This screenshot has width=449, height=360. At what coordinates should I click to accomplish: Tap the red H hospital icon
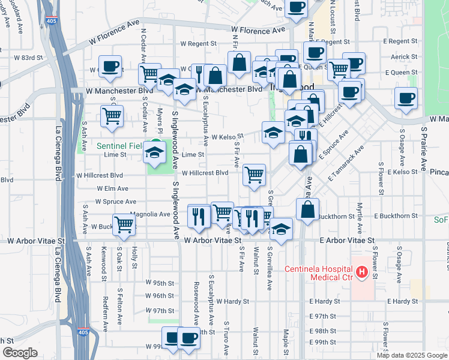[361, 272]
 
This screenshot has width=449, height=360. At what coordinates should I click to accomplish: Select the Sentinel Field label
[121, 146]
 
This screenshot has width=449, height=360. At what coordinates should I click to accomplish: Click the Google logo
[20, 353]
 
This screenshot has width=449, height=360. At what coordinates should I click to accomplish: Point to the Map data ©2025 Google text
[411, 355]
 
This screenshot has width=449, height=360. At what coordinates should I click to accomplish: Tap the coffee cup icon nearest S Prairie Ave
[406, 98]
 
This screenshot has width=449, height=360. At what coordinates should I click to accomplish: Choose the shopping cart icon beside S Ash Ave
[112, 116]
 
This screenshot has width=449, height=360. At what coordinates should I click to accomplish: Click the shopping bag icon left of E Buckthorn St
[307, 209]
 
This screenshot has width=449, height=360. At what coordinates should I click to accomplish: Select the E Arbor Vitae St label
[347, 240]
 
